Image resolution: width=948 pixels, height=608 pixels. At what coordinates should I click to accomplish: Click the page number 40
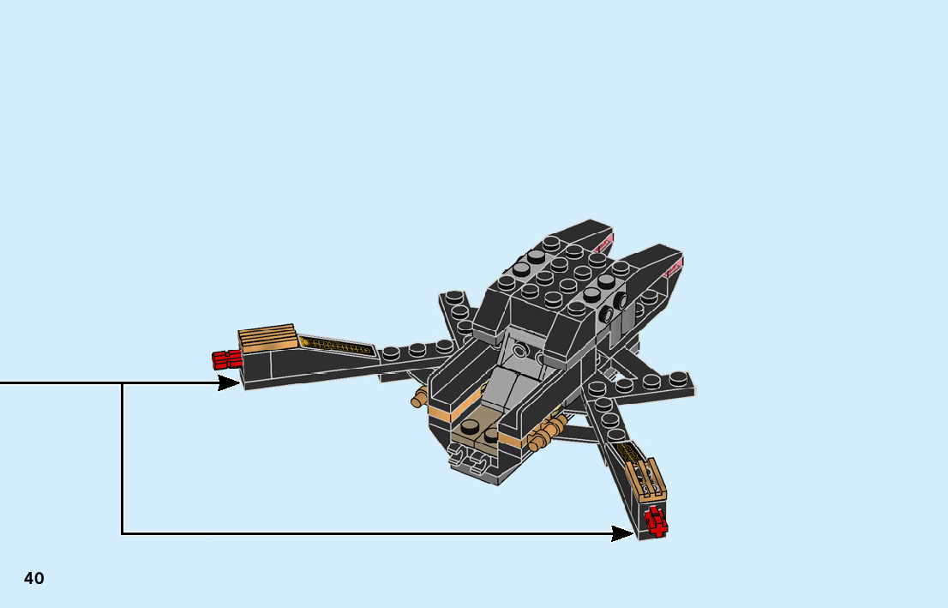[34, 578]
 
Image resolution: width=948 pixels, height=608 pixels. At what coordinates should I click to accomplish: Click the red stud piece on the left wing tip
[226, 358]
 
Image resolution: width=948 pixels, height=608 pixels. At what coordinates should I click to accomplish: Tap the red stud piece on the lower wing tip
[657, 521]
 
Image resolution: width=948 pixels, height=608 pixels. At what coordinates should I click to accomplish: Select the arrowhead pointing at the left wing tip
[229, 382]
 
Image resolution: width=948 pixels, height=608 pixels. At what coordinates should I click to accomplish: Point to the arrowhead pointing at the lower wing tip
[623, 533]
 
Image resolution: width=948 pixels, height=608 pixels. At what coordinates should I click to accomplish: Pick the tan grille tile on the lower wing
[649, 479]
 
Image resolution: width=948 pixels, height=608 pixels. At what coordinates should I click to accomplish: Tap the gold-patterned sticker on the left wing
[338, 346]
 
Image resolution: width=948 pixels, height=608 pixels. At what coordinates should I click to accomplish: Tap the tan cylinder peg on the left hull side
[419, 397]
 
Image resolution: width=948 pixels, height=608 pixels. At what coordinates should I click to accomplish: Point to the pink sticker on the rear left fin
[607, 241]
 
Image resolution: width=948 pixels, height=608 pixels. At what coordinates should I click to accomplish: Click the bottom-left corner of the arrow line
[123, 533]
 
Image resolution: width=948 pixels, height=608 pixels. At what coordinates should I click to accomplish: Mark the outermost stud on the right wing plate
[681, 377]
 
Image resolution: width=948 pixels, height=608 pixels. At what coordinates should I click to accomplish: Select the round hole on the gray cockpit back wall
[521, 350]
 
